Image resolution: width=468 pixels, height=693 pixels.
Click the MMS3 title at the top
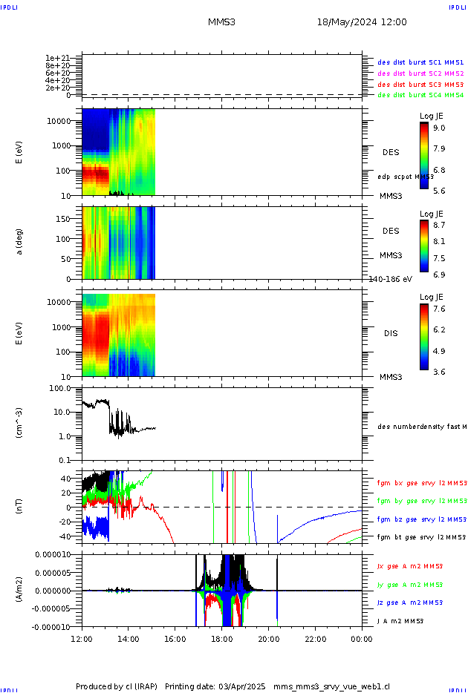[221, 22]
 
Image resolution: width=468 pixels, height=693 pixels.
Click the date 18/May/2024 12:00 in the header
[362, 22]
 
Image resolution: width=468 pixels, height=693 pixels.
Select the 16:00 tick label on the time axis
[175, 638]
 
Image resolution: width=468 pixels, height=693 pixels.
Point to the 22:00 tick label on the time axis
[315, 638]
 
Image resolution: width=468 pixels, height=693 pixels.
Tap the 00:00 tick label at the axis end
[362, 638]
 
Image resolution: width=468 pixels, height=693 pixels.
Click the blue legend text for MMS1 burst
[420, 62]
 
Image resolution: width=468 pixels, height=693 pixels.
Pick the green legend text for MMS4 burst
[420, 95]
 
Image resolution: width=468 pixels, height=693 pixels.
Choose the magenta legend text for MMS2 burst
[420, 73]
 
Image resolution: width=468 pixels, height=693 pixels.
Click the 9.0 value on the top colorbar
[439, 128]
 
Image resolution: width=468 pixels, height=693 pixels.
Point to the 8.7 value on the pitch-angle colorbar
[439, 223]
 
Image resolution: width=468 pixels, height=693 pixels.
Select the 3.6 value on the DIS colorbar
[439, 372]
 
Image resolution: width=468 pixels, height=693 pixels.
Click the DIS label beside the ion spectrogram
[391, 333]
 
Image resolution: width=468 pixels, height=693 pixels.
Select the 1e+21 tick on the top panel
[57, 58]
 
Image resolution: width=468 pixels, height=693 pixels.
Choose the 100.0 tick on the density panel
[59, 388]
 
